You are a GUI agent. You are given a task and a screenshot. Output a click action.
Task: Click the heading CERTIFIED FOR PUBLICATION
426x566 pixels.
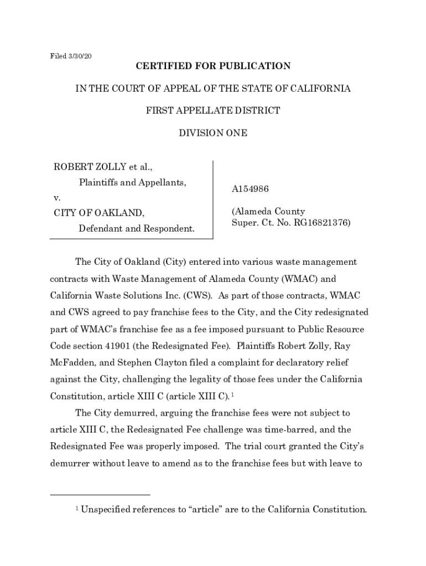(213, 66)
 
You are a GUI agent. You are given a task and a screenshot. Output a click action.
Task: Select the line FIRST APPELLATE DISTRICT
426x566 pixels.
(213, 111)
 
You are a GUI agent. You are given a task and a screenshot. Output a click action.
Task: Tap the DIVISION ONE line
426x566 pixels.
(213, 133)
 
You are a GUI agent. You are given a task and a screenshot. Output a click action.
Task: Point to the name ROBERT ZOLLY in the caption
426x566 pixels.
(86, 167)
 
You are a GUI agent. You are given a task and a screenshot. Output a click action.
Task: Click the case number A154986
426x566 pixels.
(250, 189)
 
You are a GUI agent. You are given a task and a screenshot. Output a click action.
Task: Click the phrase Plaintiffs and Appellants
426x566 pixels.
(132, 182)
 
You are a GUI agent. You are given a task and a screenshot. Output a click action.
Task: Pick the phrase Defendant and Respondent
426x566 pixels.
(136, 228)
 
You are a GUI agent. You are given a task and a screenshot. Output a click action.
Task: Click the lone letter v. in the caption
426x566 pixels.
(56, 197)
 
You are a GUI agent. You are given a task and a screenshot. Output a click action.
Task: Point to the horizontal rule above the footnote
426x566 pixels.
(100, 495)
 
